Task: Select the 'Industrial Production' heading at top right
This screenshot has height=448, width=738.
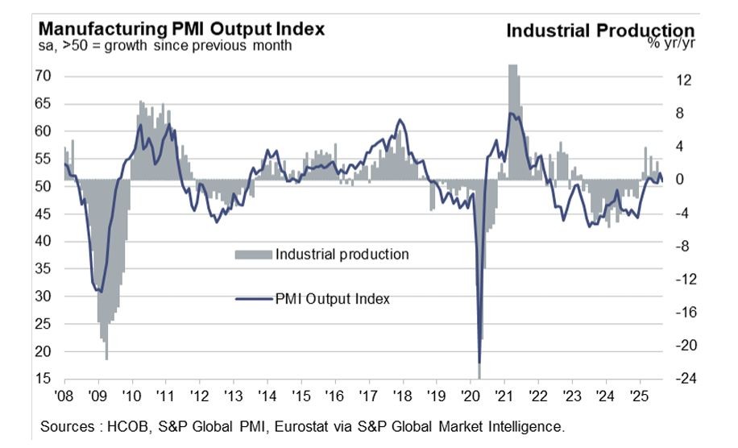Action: point(600,31)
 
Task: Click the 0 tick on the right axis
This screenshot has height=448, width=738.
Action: point(680,180)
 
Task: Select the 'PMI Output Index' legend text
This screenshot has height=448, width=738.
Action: point(333,299)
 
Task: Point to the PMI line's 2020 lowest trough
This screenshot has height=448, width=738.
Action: point(479,363)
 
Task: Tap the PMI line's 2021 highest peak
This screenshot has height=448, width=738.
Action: point(510,113)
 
